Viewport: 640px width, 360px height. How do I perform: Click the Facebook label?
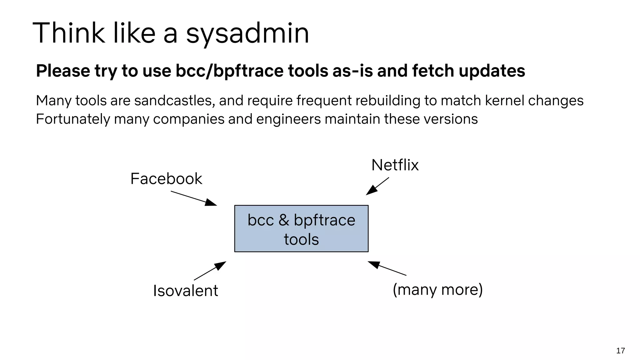166,179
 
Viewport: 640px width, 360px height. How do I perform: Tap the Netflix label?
395,165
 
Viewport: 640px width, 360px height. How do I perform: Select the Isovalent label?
185,291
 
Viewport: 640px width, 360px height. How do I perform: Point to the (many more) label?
437,289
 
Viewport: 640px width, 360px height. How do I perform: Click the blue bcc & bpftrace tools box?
301,228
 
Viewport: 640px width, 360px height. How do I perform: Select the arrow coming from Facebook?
194,198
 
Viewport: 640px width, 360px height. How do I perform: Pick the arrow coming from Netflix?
377,186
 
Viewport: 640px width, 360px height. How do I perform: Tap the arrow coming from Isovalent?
210,271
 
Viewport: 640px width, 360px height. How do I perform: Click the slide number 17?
620,351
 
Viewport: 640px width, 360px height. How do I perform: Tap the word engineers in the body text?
288,119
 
